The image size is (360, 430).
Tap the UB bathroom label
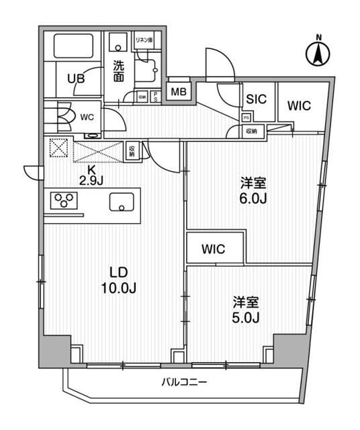tap(75, 79)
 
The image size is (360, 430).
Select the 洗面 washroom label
tap(118, 71)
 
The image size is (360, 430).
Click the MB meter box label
tap(179, 91)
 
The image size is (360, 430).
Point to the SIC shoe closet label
tap(256, 98)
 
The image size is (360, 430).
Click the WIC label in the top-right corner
tap(298, 105)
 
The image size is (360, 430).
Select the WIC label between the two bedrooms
tap(214, 249)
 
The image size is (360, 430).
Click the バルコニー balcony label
tap(184, 383)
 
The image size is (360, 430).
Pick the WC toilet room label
tap(87, 116)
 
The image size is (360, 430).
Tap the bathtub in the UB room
tap(73, 46)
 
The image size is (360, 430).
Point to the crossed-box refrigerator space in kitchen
tap(58, 148)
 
